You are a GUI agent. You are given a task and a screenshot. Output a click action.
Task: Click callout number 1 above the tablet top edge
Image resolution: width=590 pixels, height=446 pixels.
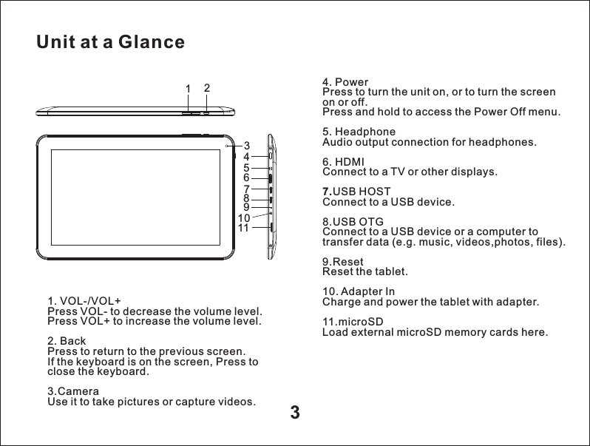point(189,89)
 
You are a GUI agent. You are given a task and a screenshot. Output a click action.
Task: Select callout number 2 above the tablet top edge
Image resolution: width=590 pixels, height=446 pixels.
point(206,87)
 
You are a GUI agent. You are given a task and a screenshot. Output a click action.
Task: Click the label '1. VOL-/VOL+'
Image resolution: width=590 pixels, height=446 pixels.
point(84,301)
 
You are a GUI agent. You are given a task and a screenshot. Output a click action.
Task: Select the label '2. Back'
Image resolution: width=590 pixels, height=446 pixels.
point(65,341)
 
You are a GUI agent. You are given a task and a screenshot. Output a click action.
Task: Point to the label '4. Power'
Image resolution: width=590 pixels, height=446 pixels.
point(346,81)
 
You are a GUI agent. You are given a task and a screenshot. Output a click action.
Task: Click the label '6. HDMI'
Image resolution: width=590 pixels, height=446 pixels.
point(344,162)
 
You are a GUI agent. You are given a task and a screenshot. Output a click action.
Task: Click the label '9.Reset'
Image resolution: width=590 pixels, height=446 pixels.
point(342,262)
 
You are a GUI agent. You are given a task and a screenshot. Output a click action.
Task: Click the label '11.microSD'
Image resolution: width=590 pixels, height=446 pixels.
point(353,322)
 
